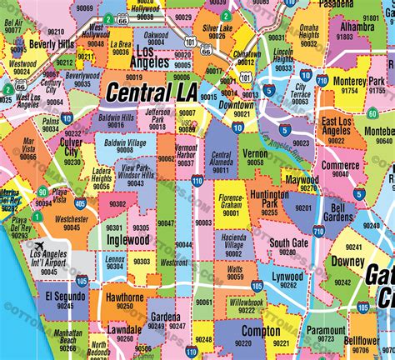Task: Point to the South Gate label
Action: [x=288, y=243]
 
